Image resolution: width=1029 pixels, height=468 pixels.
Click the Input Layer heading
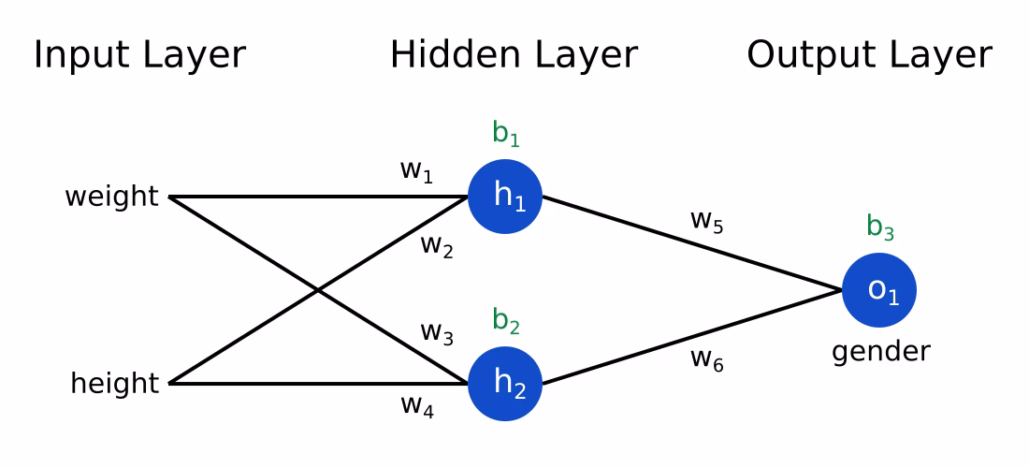click(139, 55)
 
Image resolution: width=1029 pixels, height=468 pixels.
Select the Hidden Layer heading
click(514, 55)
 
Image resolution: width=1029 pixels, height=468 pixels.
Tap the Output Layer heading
click(869, 55)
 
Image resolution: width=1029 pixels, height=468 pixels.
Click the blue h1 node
click(505, 197)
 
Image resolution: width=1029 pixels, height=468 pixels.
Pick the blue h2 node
click(505, 384)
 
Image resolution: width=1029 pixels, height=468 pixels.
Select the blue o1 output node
click(879, 290)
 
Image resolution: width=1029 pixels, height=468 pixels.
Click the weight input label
click(111, 197)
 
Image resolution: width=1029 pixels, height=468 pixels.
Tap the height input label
click(114, 384)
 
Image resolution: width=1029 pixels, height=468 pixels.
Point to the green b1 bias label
click(505, 134)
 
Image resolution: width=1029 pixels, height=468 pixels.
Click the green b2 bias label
click(505, 321)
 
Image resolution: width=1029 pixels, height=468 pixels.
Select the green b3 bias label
click(879, 227)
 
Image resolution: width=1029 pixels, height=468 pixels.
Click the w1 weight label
click(416, 171)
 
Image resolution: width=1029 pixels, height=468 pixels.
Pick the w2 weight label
click(436, 246)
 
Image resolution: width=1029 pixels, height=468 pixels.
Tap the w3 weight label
click(436, 332)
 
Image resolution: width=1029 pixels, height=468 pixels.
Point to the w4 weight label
click(416, 405)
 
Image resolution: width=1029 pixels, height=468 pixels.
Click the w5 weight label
click(706, 221)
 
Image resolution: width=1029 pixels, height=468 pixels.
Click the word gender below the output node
click(880, 352)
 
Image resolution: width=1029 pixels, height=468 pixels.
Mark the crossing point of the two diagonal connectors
click(318, 290)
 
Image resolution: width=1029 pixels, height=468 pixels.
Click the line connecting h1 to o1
click(692, 243)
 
